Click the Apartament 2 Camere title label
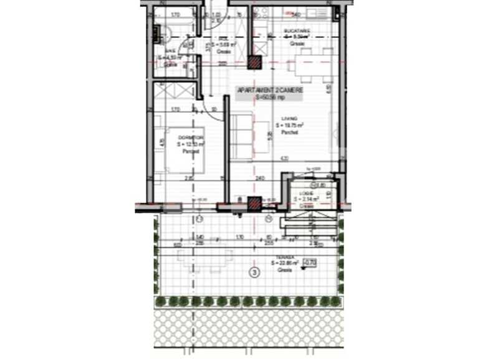tap(269, 90)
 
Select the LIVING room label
tap(289, 118)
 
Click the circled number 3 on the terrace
tap(254, 272)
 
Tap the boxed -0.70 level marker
tap(308, 263)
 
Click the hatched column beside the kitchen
tap(254, 62)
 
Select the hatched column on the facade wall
tap(254, 202)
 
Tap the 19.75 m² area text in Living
tap(289, 125)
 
